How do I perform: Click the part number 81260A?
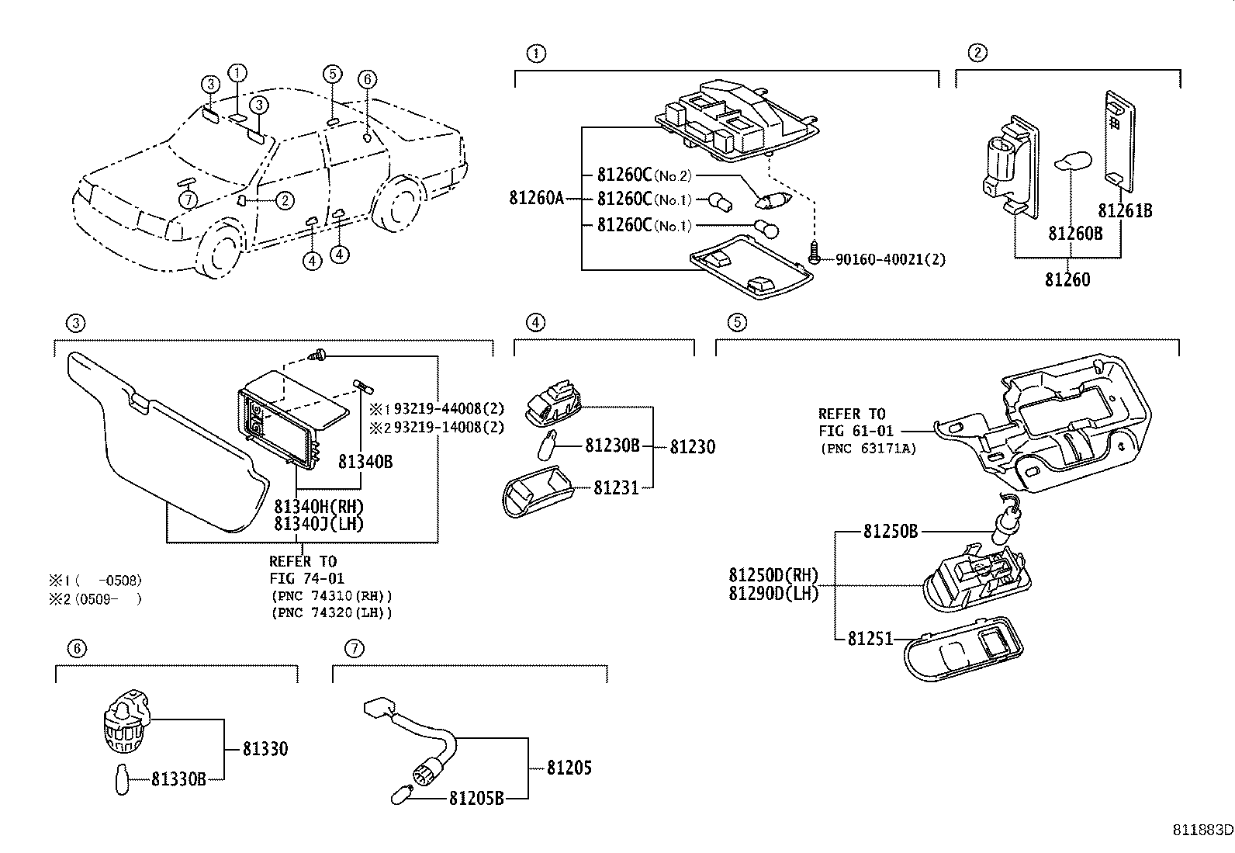point(537,199)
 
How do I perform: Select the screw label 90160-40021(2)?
point(891,259)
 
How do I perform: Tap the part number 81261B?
point(1125,210)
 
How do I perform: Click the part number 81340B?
point(365,463)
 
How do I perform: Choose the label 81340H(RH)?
point(319,507)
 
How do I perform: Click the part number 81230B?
point(612,446)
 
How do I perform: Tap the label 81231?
point(616,488)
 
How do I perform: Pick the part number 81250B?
point(891,532)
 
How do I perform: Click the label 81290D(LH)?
point(773,593)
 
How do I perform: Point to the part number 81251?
point(870,639)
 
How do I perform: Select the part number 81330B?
point(178,778)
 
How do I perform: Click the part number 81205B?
point(477,798)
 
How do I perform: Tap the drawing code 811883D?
point(1202,830)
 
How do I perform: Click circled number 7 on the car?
point(189,200)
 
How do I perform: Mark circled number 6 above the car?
point(368,78)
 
